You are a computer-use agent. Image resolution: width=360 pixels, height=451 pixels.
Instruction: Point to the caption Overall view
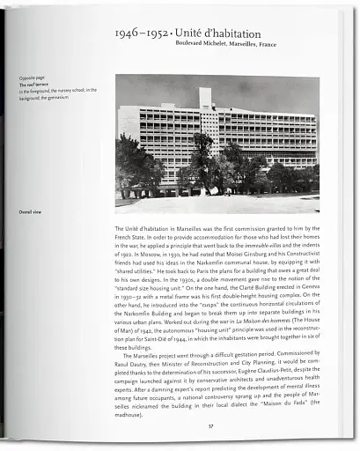pyautogui.click(x=32, y=211)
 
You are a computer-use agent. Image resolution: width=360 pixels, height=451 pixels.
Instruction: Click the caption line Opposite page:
pyautogui.click(x=33, y=76)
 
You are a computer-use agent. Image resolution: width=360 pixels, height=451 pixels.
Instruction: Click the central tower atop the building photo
pyautogui.click(x=205, y=97)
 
